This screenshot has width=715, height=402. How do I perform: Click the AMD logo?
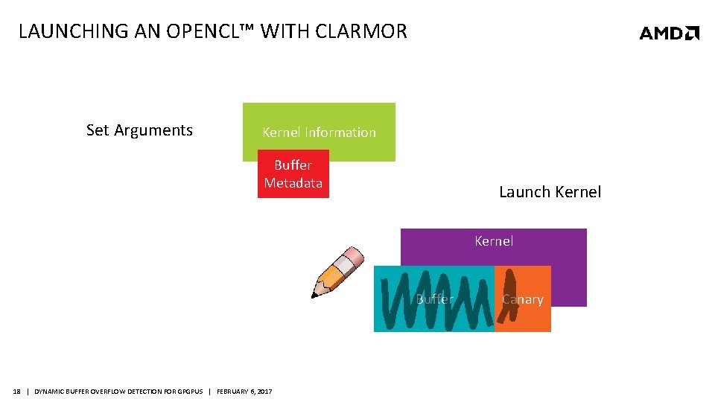tap(669, 33)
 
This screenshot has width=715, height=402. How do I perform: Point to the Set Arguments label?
tap(139, 130)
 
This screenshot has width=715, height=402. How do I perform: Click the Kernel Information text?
tap(319, 133)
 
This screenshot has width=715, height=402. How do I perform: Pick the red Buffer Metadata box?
tap(293, 174)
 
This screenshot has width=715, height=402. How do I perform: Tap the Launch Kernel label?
tap(550, 192)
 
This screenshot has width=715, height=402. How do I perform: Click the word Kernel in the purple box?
tap(494, 241)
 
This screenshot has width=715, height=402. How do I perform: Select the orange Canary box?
tap(523, 299)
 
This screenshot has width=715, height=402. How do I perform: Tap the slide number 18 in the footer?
tap(17, 392)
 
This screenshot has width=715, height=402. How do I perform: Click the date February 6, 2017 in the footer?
tap(244, 392)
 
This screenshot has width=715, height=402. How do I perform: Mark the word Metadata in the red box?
tap(293, 183)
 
